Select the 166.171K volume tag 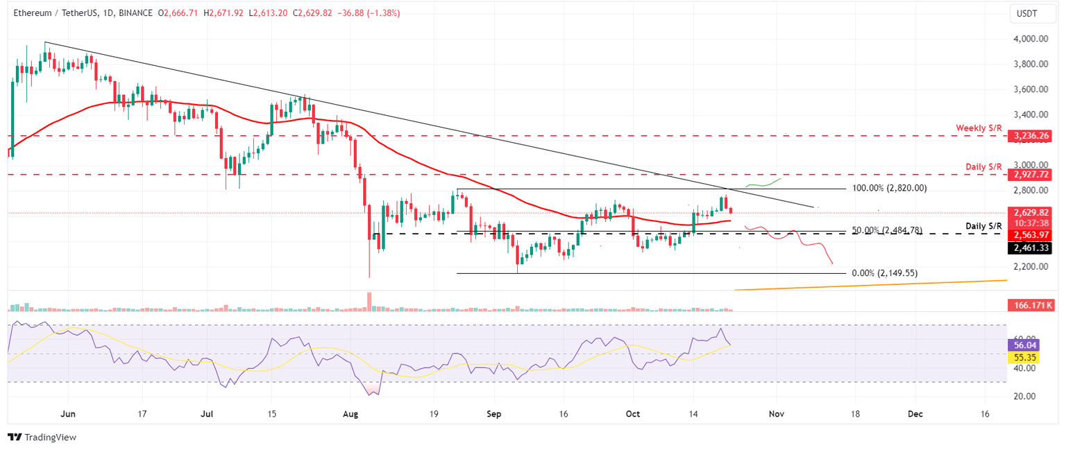click(1032, 305)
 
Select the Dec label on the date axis click(915, 413)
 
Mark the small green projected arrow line click(763, 183)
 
